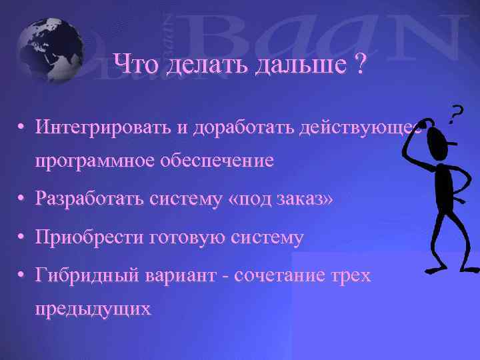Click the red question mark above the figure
click(455, 115)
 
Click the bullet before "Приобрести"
click(23, 237)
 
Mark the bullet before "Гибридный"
click(23, 274)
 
